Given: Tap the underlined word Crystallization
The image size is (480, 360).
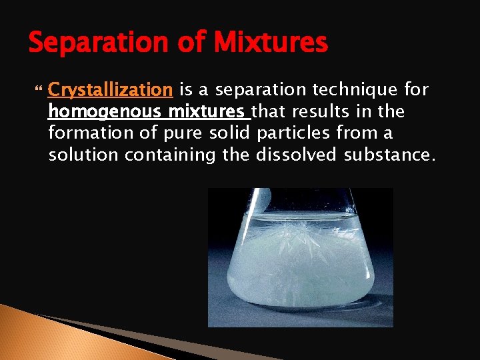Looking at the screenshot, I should [x=111, y=89].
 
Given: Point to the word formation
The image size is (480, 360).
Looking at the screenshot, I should [x=91, y=133].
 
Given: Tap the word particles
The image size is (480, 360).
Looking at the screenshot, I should [x=293, y=133].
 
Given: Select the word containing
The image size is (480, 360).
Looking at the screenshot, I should [x=179, y=155].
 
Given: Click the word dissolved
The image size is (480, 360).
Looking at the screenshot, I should [x=301, y=155].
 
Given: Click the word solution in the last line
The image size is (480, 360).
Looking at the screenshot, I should [x=82, y=155].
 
